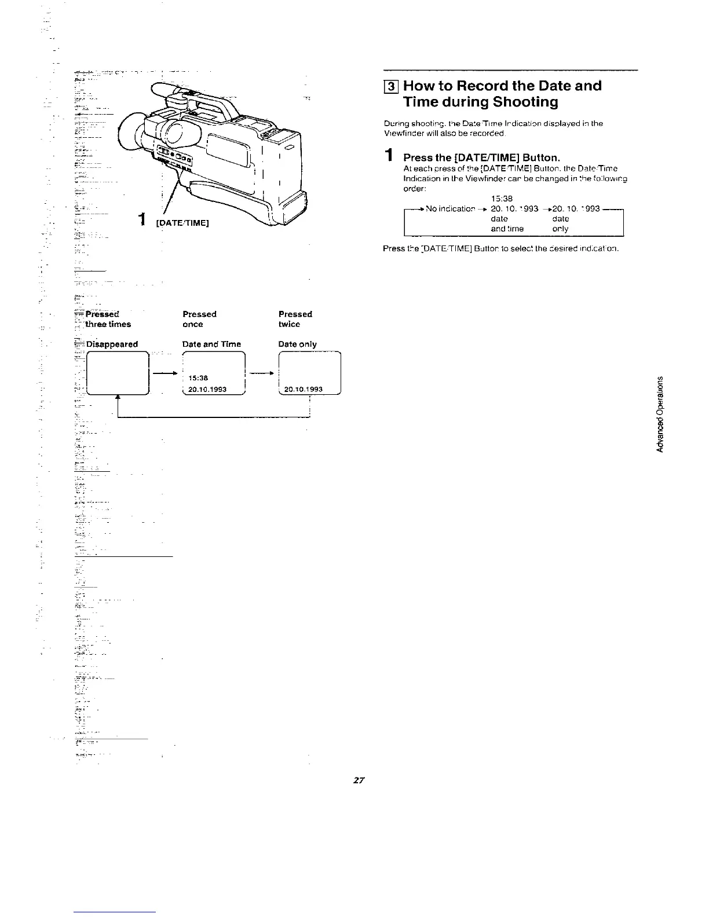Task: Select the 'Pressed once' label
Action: click(x=199, y=319)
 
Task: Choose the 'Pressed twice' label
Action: click(x=295, y=319)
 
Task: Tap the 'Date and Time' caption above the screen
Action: click(x=211, y=344)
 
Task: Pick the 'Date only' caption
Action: click(x=297, y=344)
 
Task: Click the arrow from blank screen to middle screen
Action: click(x=165, y=373)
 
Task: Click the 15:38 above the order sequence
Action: click(x=502, y=199)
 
